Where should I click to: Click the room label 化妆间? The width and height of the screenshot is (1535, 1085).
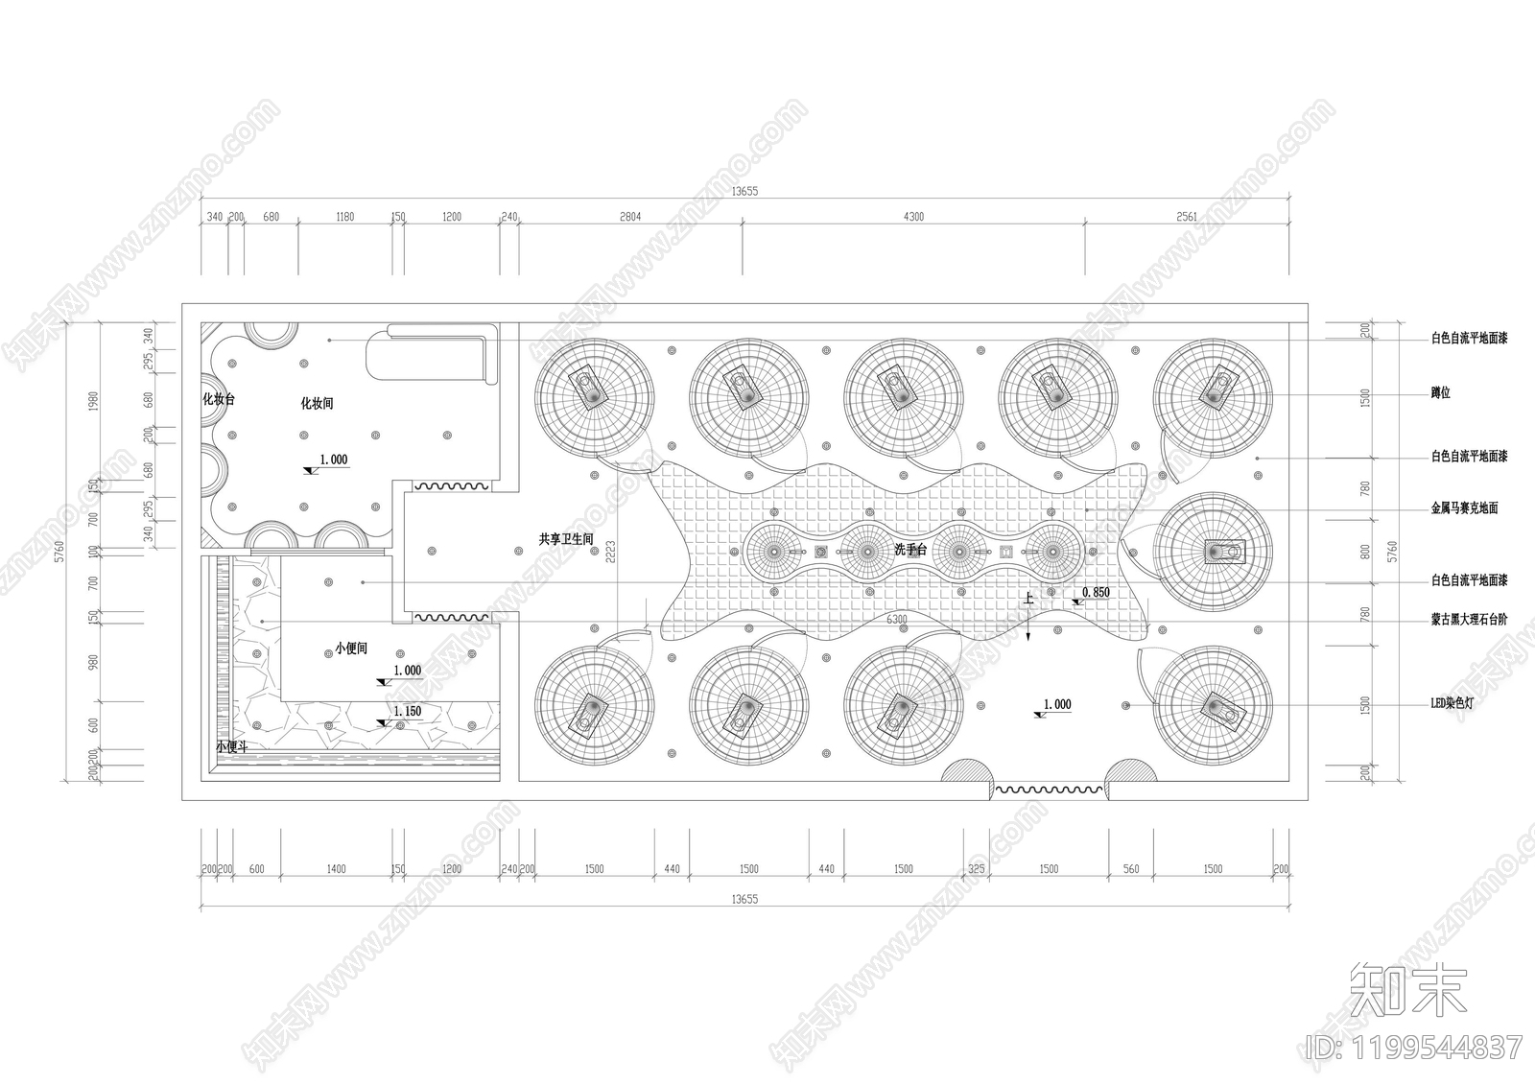coord(317,404)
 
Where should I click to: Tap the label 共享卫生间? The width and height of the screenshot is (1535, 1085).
coord(566,540)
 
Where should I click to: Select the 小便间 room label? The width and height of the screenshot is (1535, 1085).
coord(352,649)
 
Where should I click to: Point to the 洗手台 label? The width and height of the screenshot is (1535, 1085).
coord(909,550)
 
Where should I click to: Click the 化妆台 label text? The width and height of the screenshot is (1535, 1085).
coord(218,400)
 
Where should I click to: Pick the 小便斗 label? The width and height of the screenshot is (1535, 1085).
coord(231,746)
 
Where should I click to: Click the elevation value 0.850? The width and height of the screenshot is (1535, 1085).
coord(1096,593)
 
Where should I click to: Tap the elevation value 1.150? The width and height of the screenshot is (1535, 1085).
coord(407,712)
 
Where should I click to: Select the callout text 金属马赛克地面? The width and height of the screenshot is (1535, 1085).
coord(1464,508)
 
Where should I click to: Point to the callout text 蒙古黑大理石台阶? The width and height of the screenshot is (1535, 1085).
coord(1469,620)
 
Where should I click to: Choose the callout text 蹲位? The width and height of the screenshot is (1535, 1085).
coord(1440,393)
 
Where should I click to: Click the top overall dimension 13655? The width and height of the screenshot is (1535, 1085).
coord(744,191)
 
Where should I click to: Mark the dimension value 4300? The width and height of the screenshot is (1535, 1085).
coord(913,217)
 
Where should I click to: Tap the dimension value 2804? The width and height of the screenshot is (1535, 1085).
coord(630,217)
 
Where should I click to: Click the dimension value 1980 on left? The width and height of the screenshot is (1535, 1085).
coord(93,401)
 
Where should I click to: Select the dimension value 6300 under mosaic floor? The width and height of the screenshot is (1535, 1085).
coord(896,620)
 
